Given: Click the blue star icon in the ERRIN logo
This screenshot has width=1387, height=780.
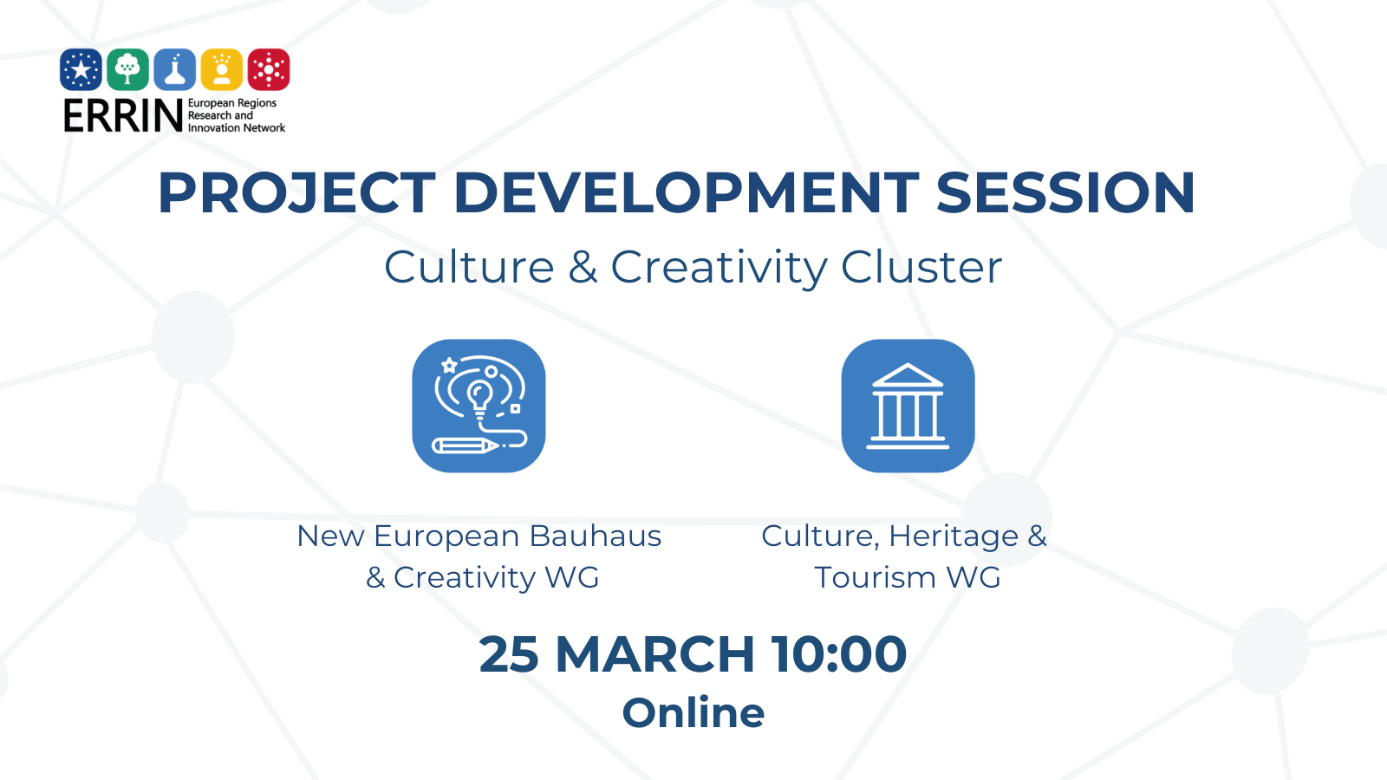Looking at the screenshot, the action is point(81,69).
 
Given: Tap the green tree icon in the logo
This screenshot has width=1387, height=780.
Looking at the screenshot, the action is point(127,69).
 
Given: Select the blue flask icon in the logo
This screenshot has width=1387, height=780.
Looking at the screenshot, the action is point(174,69).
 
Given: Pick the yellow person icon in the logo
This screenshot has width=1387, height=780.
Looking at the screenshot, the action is point(222,69).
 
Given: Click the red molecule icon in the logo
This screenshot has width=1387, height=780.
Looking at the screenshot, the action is point(269,69).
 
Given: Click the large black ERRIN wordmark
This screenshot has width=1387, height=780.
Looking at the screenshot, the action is point(123,116).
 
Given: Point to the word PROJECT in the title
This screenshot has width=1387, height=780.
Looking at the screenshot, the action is point(297,192).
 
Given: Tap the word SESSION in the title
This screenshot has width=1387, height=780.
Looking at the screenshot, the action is point(1065,192).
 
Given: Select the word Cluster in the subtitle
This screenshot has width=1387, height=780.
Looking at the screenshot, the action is point(921,268).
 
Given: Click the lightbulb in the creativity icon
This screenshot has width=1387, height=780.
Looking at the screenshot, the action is point(479,400).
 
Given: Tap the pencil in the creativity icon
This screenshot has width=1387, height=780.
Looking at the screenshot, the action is point(465,445).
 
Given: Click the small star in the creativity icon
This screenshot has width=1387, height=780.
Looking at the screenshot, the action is point(449,365).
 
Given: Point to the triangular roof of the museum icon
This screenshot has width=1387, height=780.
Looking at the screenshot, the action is point(907,375).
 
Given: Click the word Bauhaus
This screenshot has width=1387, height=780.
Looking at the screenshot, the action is point(595,536).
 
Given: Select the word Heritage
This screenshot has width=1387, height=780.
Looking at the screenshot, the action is point(954,536).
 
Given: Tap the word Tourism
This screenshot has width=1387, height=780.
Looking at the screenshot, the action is point(875,577).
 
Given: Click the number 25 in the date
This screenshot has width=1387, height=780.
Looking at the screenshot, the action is point(509,654).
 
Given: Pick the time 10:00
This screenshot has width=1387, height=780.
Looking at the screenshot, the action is point(839,654).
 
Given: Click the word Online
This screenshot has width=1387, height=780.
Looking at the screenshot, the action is point(693,713).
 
